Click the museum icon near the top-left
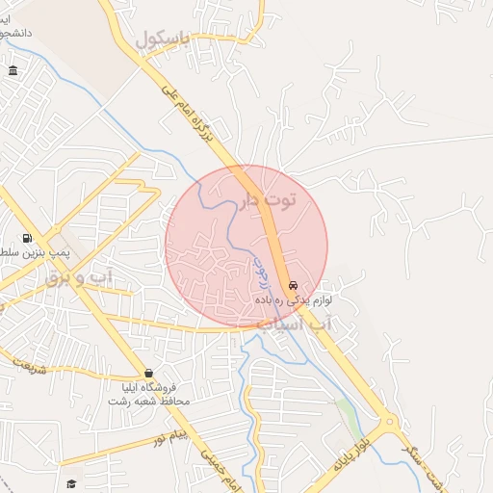coord(13,70)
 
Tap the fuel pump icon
coord(26,238)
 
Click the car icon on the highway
coord(293,286)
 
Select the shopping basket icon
coord(147,373)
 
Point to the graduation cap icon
coord(70,483)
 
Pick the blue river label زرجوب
coord(261,273)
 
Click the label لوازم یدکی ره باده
coord(293,300)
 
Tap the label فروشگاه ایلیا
coord(148,387)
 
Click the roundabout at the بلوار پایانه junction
coord(388,421)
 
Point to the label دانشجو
coord(15,33)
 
